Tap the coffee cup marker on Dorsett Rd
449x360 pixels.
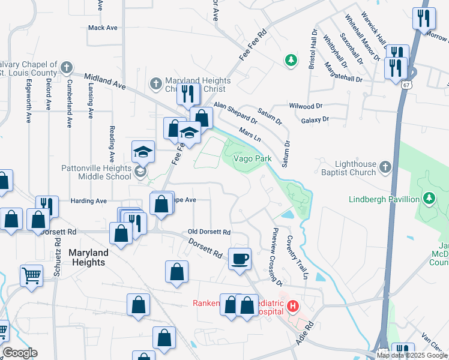pyautogui.click(x=240, y=259)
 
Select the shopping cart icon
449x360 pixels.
pyautogui.click(x=31, y=276)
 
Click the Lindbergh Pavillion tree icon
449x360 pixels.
pyautogui.click(x=429, y=198)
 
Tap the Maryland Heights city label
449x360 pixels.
pyautogui.click(x=87, y=257)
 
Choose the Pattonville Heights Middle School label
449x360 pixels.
pyautogui.click(x=96, y=172)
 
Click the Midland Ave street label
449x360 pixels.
pyautogui.click(x=105, y=82)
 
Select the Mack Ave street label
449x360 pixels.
pyautogui.click(x=103, y=28)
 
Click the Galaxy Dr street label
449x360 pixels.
pyautogui.click(x=316, y=119)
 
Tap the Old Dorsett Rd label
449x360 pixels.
pyautogui.click(x=209, y=232)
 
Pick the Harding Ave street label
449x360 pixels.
pyautogui.click(x=88, y=200)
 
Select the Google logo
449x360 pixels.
pyautogui.click(x=19, y=353)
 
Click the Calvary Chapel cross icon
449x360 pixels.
pyautogui.click(x=67, y=67)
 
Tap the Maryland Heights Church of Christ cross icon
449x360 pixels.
pyautogui.click(x=155, y=82)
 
